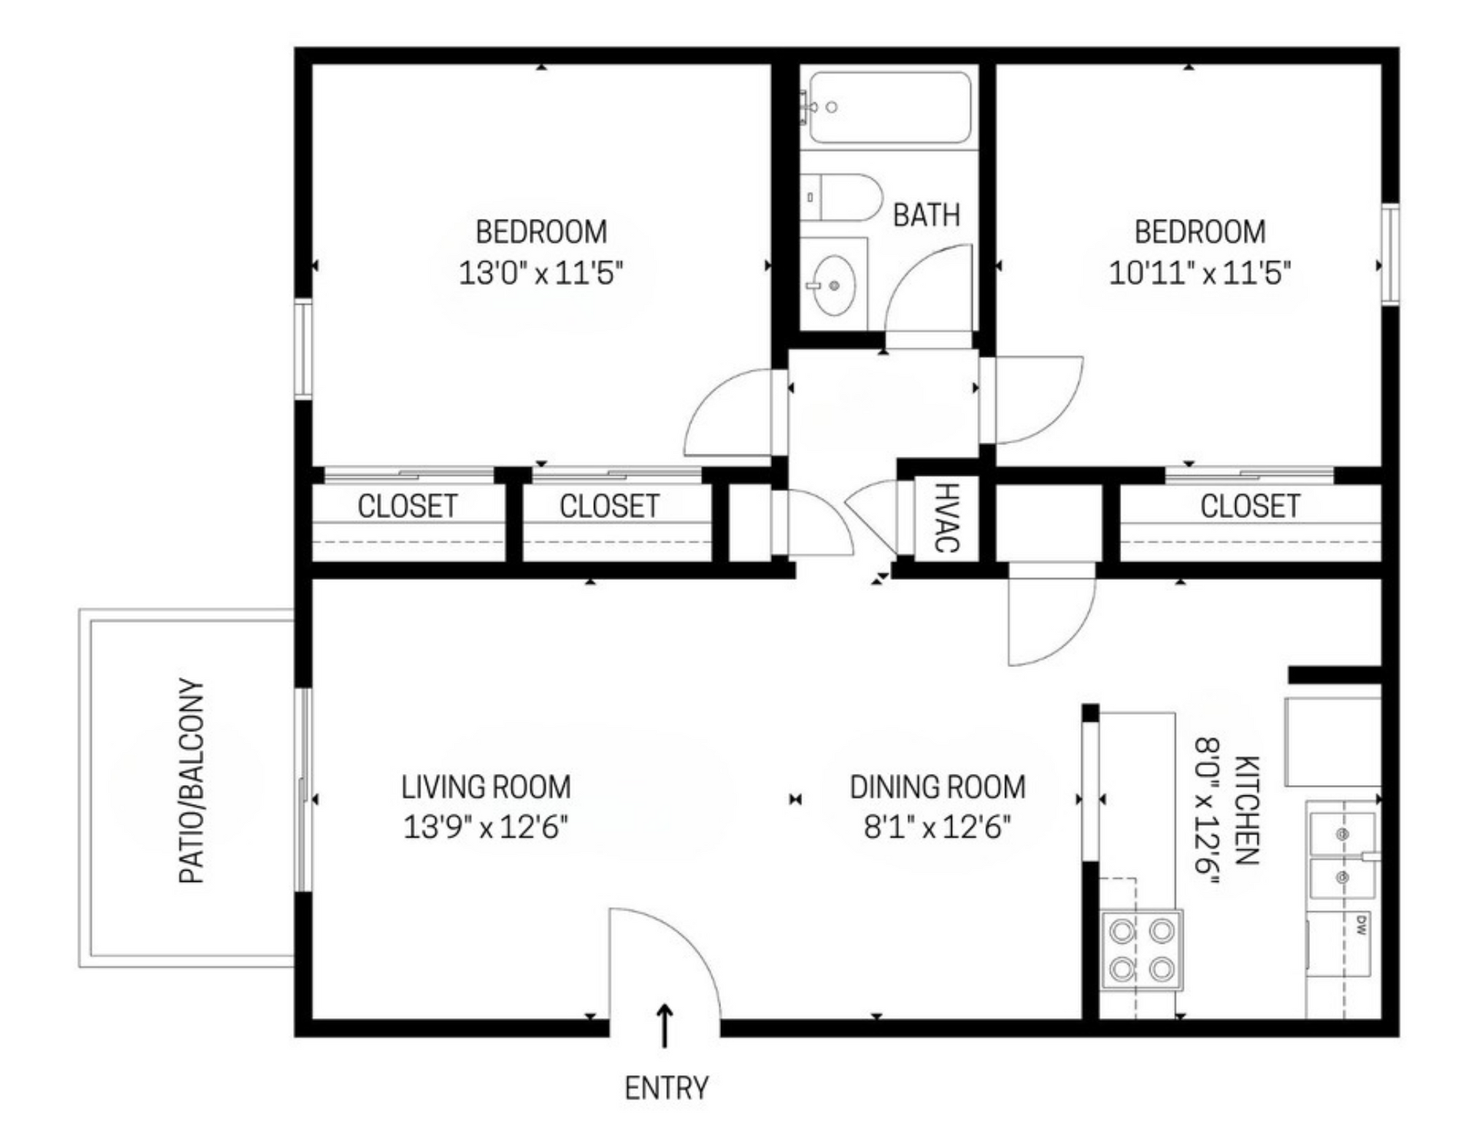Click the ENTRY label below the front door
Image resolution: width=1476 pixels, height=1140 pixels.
[x=666, y=1088]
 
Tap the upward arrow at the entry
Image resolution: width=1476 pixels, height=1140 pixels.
[x=666, y=1025]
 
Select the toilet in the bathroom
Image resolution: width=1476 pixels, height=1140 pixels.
[x=839, y=198]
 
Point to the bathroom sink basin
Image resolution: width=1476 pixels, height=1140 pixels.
[x=834, y=285]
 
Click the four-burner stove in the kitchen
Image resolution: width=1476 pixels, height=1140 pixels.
[x=1142, y=950]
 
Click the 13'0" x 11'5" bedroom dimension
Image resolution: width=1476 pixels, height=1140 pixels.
[x=540, y=273]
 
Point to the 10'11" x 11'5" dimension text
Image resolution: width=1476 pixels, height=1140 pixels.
[x=1200, y=273]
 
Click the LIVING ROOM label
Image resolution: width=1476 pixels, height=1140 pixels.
[x=486, y=787]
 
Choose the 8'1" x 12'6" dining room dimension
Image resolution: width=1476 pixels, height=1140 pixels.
[x=937, y=828]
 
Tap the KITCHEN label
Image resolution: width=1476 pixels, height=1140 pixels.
[x=1247, y=810]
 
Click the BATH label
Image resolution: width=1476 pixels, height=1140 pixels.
[x=926, y=215]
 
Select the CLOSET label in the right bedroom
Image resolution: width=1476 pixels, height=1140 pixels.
[x=1250, y=506]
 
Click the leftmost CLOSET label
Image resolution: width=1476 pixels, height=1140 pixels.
[x=407, y=506]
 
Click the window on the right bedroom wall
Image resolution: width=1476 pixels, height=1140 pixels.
[x=1390, y=254]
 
